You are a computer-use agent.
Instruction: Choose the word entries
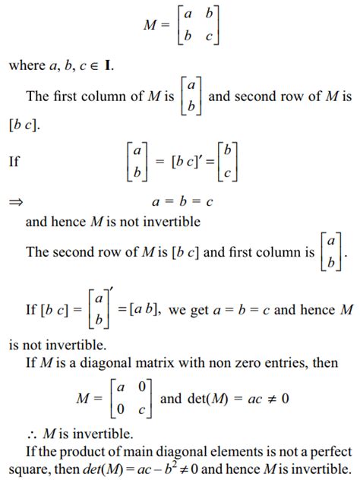tap(313, 363)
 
